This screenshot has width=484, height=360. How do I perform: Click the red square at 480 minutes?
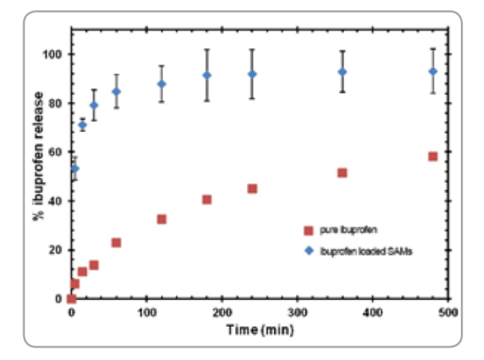[x=433, y=157]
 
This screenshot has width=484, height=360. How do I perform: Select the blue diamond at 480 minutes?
[x=433, y=72]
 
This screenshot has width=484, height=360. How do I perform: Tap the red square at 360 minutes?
[x=343, y=173]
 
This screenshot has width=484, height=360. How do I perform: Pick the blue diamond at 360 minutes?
[x=343, y=72]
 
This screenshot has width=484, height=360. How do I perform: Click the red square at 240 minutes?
[x=252, y=188]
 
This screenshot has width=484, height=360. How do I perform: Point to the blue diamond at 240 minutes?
[x=252, y=74]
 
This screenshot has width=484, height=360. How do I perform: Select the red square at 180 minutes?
[x=207, y=199]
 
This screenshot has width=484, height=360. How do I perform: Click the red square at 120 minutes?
[x=162, y=219]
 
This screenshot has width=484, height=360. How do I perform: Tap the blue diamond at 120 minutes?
[x=162, y=84]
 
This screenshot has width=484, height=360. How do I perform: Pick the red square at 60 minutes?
[x=116, y=243]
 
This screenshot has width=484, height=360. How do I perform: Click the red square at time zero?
[x=71, y=298]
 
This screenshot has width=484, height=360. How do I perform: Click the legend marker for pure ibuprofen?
[x=308, y=230]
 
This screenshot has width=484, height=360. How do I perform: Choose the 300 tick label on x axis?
[x=298, y=312]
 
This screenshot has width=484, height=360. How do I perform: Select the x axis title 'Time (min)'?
[x=260, y=330]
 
